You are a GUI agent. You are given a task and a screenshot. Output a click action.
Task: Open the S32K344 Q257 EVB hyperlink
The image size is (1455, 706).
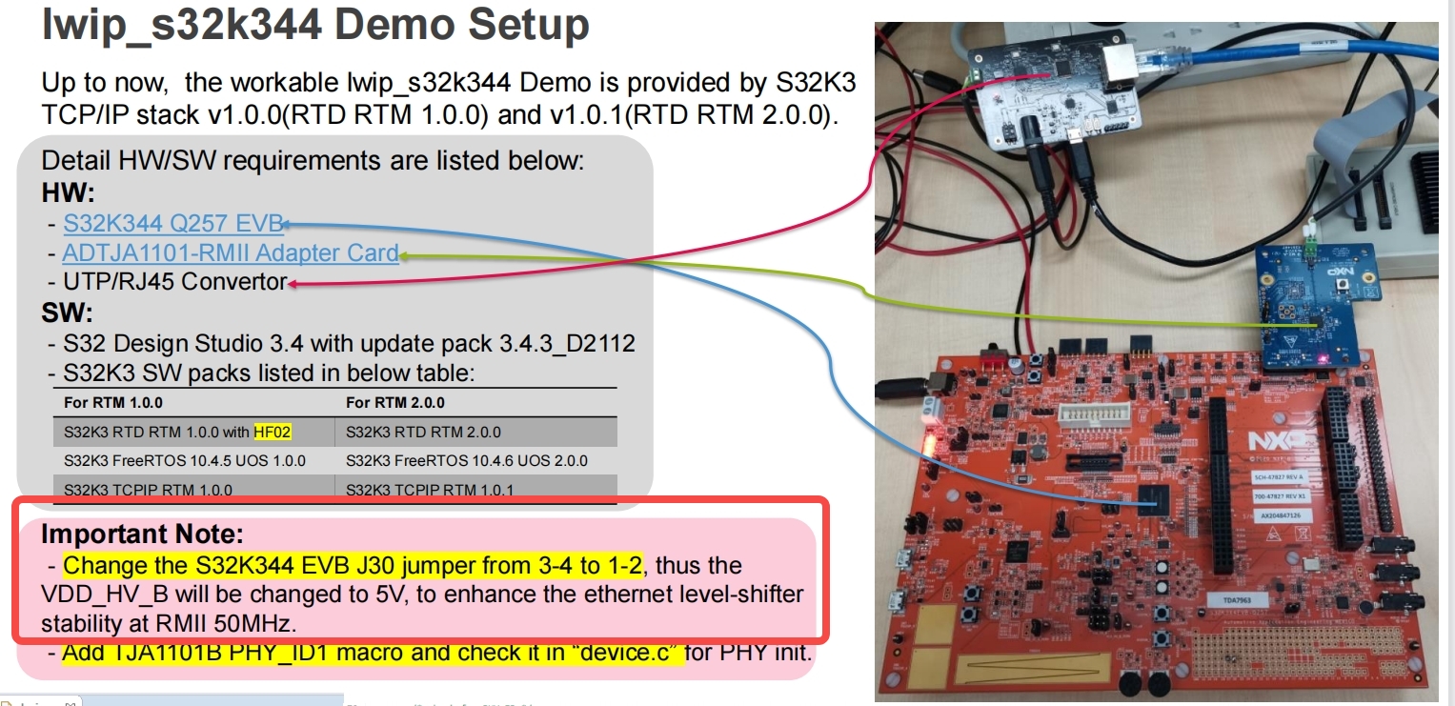173,224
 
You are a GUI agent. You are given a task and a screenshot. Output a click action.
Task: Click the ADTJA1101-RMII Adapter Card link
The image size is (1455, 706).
230,253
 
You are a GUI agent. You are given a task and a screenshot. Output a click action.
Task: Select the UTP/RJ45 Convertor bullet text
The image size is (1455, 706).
174,282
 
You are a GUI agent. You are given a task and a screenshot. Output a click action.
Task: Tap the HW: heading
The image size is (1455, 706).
69,193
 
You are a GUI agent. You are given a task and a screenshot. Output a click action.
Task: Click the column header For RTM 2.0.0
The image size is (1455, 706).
394,402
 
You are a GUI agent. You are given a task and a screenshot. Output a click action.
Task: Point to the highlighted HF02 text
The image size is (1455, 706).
272,432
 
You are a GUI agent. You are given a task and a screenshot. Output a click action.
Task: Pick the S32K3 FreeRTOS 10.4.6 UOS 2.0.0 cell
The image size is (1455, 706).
466,461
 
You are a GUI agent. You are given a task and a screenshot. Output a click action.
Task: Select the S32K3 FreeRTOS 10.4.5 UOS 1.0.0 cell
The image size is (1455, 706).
185,461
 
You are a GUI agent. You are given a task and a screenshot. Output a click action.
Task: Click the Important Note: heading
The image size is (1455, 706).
142,534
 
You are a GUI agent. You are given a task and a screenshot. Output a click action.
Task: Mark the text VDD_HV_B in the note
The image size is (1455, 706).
100,595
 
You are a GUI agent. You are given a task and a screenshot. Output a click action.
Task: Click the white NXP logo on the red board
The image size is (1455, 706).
1278,440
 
